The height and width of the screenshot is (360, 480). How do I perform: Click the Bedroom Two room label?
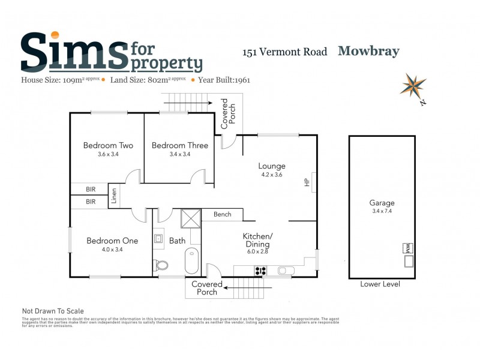[x=108, y=145]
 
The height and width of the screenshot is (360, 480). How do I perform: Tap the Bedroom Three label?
[x=180, y=145]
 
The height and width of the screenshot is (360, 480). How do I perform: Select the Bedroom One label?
[x=112, y=241]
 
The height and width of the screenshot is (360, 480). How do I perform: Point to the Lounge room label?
[x=272, y=166]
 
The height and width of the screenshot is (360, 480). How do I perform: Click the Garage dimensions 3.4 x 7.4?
[x=382, y=211]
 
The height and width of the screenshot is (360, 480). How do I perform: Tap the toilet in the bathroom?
[x=161, y=265]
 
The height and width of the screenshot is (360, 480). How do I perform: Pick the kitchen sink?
[x=283, y=271]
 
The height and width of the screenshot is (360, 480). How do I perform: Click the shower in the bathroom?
[x=191, y=217]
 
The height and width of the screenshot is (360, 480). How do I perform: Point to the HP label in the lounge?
[x=307, y=181]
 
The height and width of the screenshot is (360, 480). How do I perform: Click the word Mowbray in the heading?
[x=368, y=51]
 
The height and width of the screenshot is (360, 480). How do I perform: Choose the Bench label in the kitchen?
[x=222, y=214]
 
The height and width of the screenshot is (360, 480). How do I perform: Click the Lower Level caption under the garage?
[x=380, y=284]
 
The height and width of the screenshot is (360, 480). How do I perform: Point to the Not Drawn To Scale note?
[x=53, y=311]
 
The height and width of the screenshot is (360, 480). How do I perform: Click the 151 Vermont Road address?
[x=284, y=52]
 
